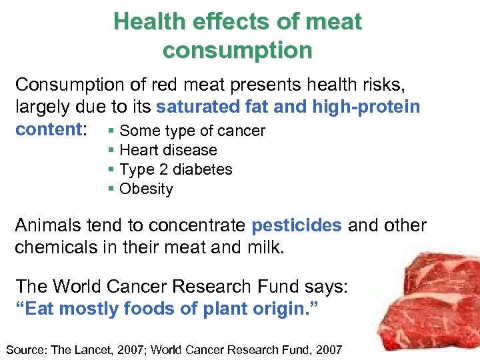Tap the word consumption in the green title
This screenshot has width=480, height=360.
pyautogui.click(x=237, y=51)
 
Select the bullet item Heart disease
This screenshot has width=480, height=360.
pyautogui.click(x=168, y=150)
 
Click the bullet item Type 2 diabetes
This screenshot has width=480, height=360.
pyautogui.click(x=175, y=169)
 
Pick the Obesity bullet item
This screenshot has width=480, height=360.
pyautogui.click(x=146, y=189)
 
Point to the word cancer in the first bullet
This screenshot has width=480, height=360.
pyautogui.click(x=244, y=131)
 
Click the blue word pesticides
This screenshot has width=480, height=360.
pyautogui.click(x=297, y=225)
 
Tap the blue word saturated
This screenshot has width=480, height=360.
pyautogui.click(x=193, y=107)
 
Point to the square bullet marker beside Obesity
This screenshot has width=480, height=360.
pyautogui.click(x=111, y=189)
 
